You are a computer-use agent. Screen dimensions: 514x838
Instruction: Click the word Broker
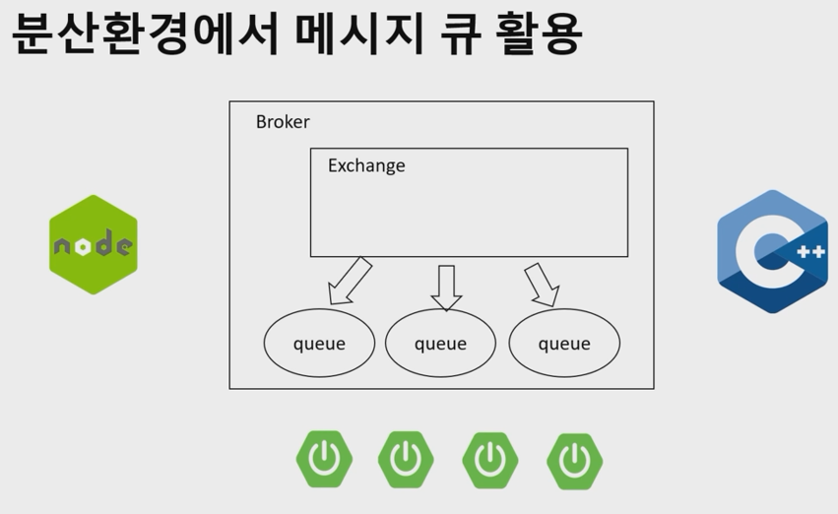283,122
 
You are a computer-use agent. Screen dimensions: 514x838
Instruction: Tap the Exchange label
366,165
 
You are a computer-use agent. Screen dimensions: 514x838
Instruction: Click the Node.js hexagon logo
94,245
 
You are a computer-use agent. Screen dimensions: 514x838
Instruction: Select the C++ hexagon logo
772,251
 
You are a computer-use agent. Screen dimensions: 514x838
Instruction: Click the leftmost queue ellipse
319,344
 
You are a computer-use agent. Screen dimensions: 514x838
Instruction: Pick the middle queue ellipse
440,344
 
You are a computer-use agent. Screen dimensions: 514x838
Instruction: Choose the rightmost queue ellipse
564,344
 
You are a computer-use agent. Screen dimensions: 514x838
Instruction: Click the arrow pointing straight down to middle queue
446,287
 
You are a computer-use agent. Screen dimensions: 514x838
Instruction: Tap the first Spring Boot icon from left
324,460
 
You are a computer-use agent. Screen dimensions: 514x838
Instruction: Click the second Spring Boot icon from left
406,460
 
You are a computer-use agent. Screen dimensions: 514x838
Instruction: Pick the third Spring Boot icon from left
490,460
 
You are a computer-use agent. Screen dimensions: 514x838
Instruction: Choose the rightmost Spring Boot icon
574,460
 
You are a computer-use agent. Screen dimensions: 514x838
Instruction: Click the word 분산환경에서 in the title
144,34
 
